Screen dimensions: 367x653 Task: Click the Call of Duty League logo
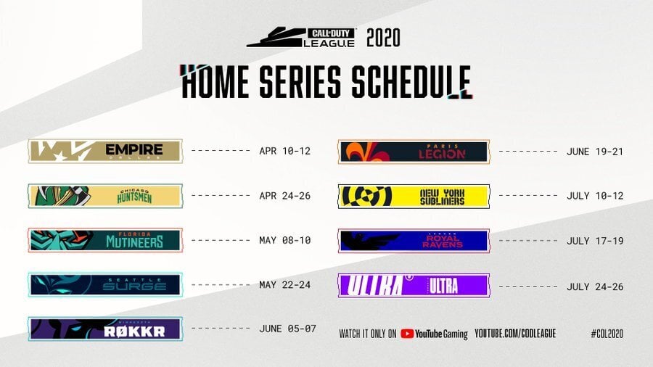302,37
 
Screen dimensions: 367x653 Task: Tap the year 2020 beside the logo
383,38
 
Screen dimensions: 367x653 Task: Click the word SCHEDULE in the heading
411,81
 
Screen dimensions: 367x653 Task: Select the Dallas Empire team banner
105,151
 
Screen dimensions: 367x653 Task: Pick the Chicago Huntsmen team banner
105,196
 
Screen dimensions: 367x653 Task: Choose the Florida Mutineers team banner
105,240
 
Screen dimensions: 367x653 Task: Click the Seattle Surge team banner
105,284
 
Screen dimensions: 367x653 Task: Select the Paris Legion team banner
414,152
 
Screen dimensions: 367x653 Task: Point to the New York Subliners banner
414,196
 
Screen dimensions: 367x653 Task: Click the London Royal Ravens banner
414,240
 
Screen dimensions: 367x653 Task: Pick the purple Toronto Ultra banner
414,285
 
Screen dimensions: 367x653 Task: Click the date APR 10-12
284,152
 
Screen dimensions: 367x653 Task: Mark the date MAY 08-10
284,240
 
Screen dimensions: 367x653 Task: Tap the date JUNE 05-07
287,329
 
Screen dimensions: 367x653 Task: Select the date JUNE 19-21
594,152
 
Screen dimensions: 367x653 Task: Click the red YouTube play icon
407,334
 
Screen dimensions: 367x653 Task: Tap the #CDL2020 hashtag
607,334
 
